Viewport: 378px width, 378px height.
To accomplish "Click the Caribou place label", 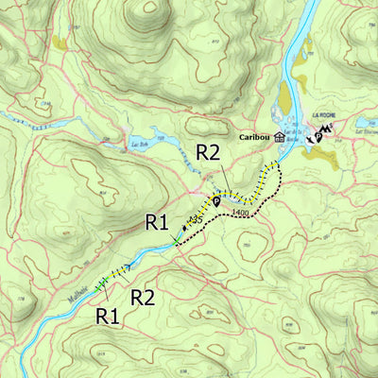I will click(252, 136).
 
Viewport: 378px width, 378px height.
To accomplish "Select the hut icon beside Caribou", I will click(280, 136).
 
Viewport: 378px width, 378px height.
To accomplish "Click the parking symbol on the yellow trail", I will click(216, 199).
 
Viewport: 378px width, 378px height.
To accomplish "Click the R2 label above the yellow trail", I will click(209, 151).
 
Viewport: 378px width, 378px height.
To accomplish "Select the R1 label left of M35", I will click(156, 223).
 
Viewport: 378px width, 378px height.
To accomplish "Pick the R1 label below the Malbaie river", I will click(108, 316).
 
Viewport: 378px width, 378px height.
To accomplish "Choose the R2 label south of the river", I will click(143, 298).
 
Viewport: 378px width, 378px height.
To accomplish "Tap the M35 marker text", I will click(197, 219).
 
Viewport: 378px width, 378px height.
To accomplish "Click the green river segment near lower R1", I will click(101, 283).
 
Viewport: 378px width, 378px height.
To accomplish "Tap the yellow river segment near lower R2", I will click(119, 271).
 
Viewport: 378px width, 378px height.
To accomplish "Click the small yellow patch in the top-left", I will click(61, 43).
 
